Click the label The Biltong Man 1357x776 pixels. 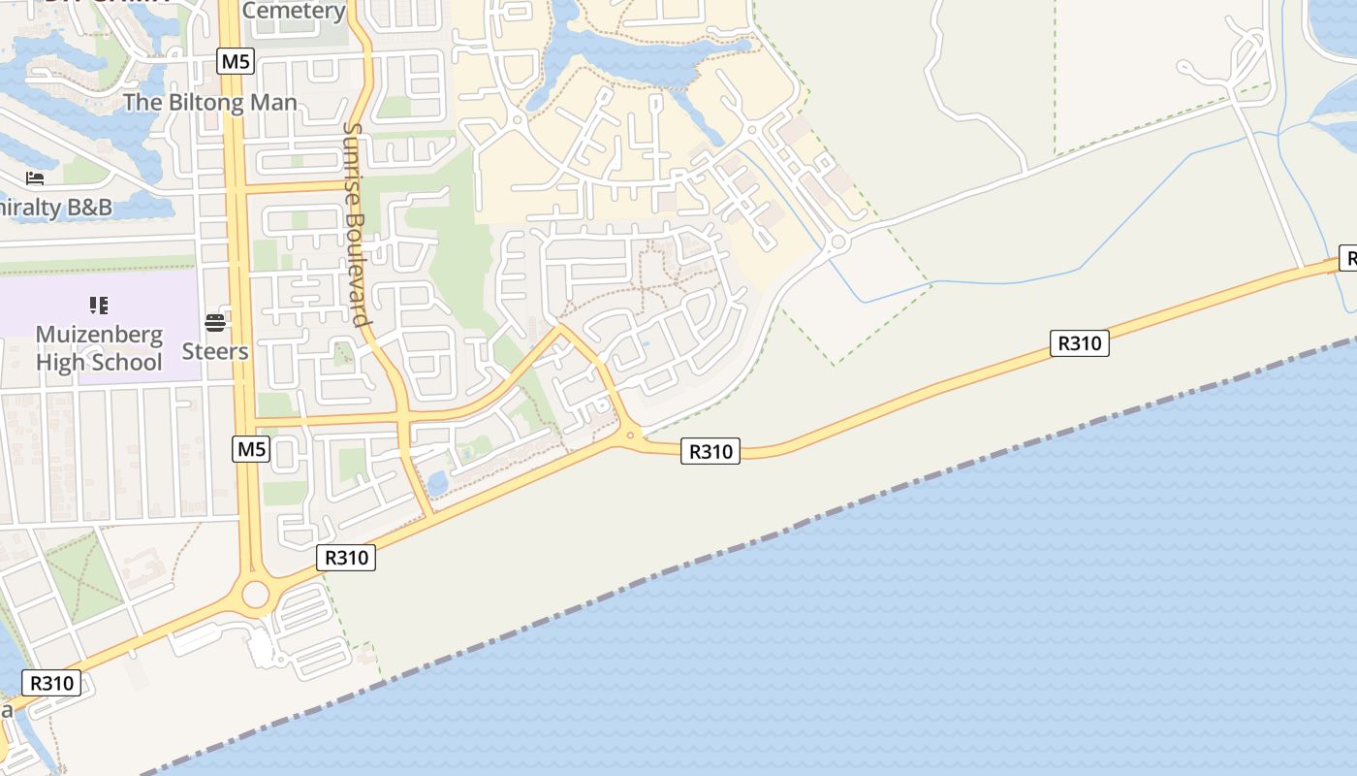[210, 102]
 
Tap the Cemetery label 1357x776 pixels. [294, 11]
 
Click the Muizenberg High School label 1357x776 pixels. [99, 348]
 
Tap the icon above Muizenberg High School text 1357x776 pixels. [98, 307]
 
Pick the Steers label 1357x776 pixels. [215, 351]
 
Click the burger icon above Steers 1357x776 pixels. [215, 323]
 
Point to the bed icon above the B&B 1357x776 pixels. [35, 178]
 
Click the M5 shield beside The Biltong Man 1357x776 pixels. [236, 62]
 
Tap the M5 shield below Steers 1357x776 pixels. [251, 448]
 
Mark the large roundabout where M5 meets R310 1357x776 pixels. [256, 594]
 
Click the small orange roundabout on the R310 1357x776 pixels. [630, 436]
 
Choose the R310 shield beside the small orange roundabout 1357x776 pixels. [710, 451]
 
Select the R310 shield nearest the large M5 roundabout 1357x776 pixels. [346, 558]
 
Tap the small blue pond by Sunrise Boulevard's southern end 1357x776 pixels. [437, 482]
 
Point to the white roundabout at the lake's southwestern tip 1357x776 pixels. [515, 121]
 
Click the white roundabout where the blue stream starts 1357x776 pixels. [837, 242]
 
